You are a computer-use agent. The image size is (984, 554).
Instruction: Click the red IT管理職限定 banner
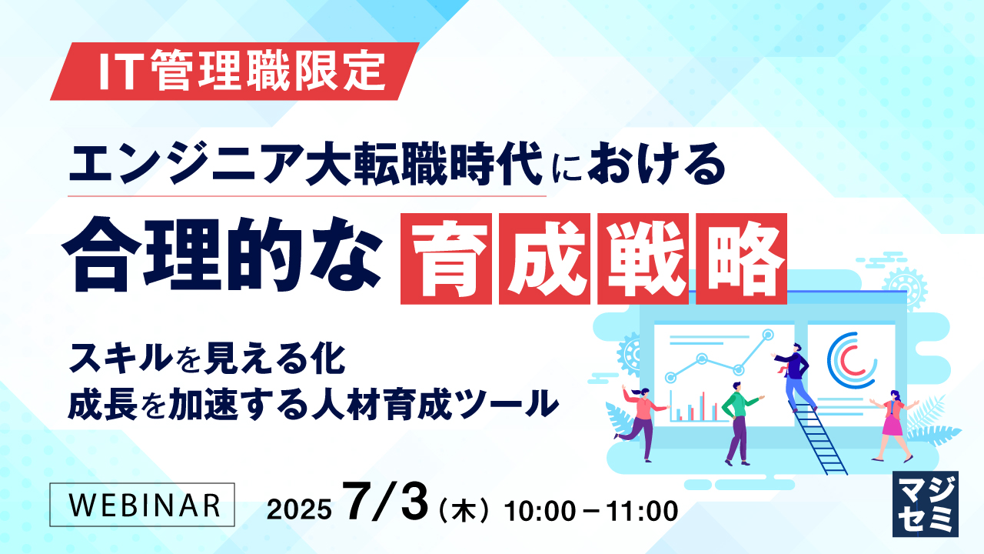click(x=234, y=71)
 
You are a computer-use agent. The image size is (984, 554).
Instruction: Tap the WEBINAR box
click(x=142, y=504)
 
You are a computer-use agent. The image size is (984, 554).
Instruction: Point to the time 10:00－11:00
click(x=590, y=509)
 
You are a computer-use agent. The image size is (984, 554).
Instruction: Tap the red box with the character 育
click(x=446, y=258)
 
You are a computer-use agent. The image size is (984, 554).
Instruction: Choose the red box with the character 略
click(x=742, y=258)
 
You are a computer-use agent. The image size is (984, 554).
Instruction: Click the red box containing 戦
click(x=644, y=258)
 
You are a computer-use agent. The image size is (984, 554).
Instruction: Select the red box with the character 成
click(x=545, y=258)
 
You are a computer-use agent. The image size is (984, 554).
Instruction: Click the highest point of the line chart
click(x=766, y=334)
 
